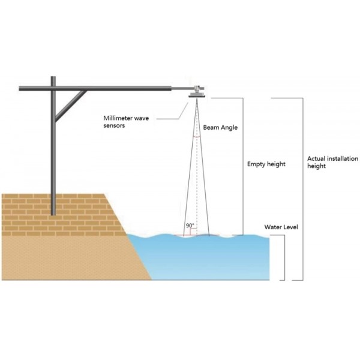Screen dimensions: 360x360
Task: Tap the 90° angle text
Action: click(190, 226)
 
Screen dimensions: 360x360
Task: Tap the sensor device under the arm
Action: click(196, 91)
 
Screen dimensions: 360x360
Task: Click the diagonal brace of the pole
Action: click(70, 105)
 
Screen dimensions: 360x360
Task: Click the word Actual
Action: click(314, 158)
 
